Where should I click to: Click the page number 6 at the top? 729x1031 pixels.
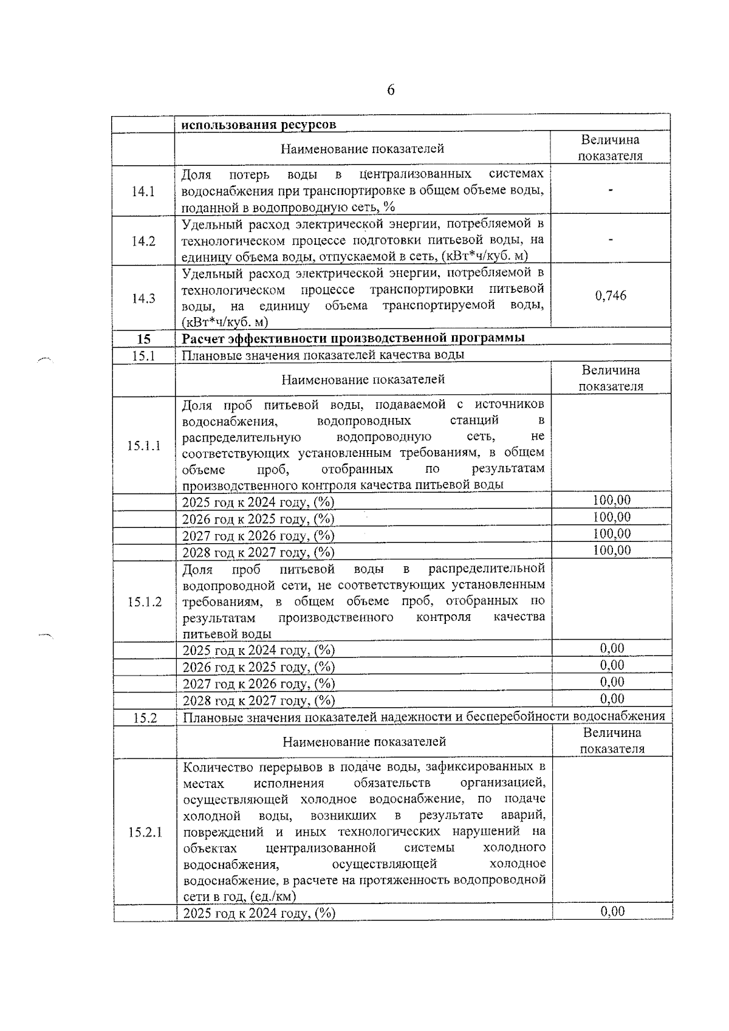pyautogui.click(x=391, y=91)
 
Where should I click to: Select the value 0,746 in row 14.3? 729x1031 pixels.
pyautogui.click(x=611, y=296)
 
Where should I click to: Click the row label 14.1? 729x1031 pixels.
pyautogui.click(x=143, y=191)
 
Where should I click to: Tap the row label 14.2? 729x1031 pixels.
pyautogui.click(x=143, y=241)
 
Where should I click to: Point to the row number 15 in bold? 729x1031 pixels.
pyautogui.click(x=143, y=338)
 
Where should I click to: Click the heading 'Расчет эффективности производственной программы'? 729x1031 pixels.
pyautogui.click(x=353, y=338)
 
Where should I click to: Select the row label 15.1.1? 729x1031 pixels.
pyautogui.click(x=144, y=445)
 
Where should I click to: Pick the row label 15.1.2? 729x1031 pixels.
pyautogui.click(x=145, y=601)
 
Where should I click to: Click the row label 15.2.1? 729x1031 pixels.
pyautogui.click(x=145, y=832)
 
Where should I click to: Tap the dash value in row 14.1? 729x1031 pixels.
pyautogui.click(x=611, y=190)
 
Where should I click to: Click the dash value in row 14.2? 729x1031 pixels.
pyautogui.click(x=611, y=240)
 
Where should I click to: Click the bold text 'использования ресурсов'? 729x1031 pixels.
pyautogui.click(x=259, y=125)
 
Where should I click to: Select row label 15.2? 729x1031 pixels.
pyautogui.click(x=145, y=718)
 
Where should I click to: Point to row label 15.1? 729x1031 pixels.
pyautogui.click(x=144, y=355)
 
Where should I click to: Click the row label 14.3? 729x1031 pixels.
pyautogui.click(x=143, y=298)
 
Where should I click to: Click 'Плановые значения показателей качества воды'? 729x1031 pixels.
pyautogui.click(x=323, y=355)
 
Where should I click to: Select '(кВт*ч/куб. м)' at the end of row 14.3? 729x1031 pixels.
pyautogui.click(x=225, y=322)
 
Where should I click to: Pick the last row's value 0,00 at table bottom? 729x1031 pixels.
pyautogui.click(x=612, y=911)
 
